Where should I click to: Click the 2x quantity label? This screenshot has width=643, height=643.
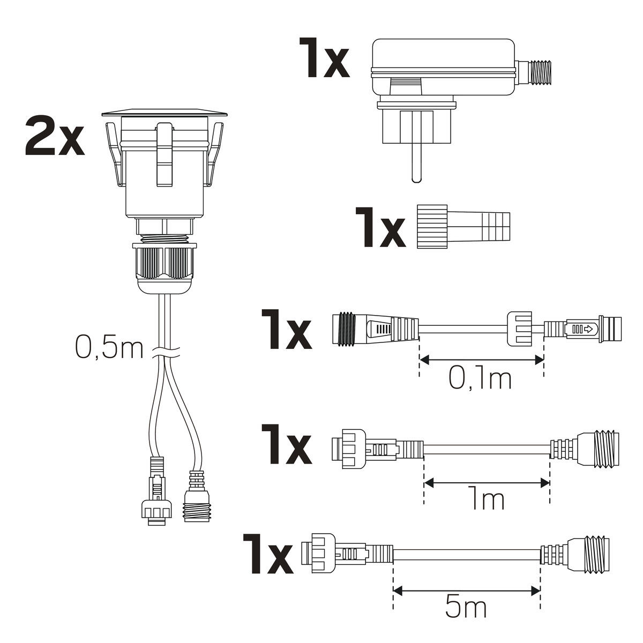click(55, 136)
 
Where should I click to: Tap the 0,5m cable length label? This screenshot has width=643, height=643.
click(109, 348)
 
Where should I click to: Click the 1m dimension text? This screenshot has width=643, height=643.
click(486, 497)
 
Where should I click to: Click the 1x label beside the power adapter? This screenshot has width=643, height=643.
click(324, 58)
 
